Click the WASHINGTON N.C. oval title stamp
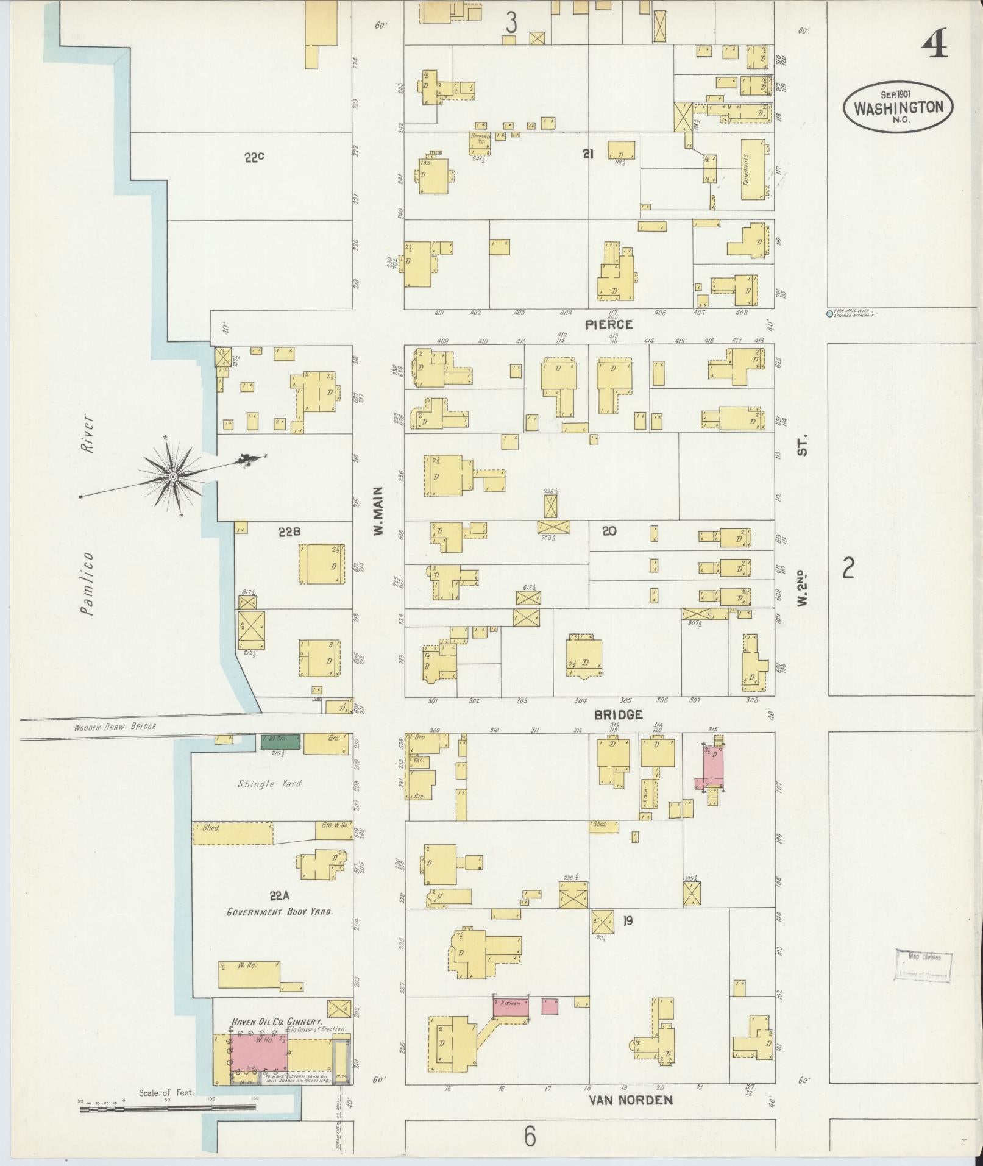coord(898,107)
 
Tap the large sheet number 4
coord(934,44)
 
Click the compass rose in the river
coord(173,476)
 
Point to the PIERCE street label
coord(609,325)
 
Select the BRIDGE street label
coord(619,715)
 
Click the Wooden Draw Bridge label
coord(115,727)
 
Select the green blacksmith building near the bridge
coord(280,741)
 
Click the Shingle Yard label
coord(270,784)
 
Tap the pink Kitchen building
coord(511,1006)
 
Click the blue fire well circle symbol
coord(829,314)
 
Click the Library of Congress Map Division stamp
coord(923,965)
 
